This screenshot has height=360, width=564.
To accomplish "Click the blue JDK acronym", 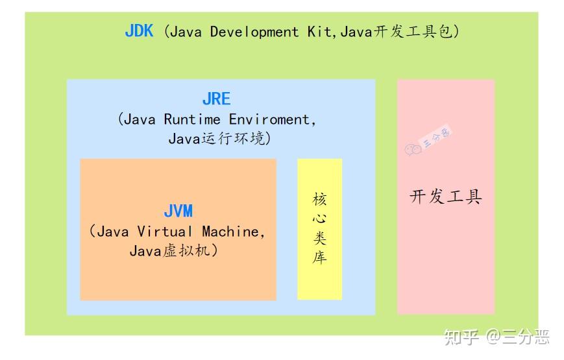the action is point(139,31).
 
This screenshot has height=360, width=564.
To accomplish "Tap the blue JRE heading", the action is point(217,99).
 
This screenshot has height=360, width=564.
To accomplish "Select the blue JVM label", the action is point(178,211).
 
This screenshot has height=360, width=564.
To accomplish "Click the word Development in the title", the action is point(254,32).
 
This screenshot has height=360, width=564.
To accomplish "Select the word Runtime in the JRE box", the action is point(192,119).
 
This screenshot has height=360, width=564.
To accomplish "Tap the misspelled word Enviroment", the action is point(270,119).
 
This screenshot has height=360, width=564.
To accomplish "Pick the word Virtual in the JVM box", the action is point(165,232).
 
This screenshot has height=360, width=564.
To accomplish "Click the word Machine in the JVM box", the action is point(230,232).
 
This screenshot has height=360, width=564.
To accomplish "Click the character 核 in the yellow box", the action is point(319,199).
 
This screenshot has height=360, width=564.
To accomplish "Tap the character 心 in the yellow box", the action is point(319,219).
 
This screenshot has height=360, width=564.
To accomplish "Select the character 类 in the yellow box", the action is point(319,237).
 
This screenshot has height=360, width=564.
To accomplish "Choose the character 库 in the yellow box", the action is point(319,257).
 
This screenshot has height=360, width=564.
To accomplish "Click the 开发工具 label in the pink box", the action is point(446,197).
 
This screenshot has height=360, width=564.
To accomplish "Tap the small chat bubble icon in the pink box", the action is point(413,149).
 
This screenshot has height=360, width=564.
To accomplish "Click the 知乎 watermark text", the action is point(461,337).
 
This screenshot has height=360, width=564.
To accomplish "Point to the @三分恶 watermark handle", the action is point(518,337).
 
